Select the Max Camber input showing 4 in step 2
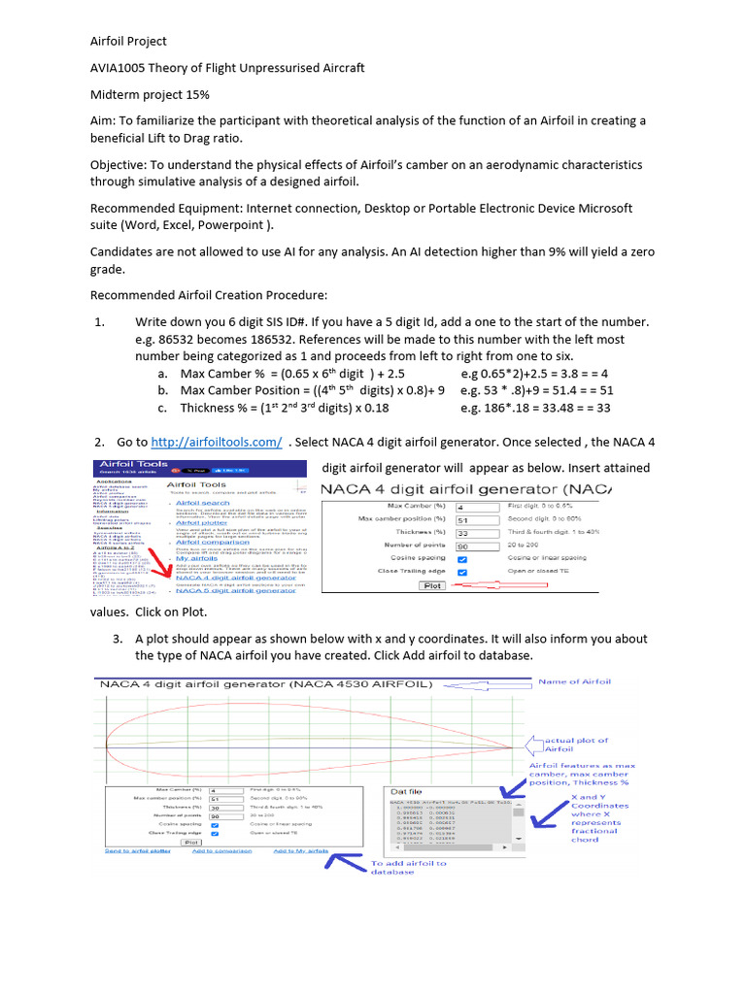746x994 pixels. (476, 507)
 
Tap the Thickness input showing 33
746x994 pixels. (476, 533)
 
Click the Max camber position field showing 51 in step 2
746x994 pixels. (476, 519)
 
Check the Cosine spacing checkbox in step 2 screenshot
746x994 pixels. (461, 559)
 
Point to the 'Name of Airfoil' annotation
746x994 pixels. (574, 681)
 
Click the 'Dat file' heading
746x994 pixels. (405, 791)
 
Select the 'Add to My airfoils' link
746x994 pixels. (300, 850)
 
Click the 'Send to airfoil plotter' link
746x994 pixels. (139, 850)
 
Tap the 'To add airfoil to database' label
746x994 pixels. (409, 867)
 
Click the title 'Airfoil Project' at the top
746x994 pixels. (128, 41)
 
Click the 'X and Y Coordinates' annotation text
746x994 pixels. (599, 799)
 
